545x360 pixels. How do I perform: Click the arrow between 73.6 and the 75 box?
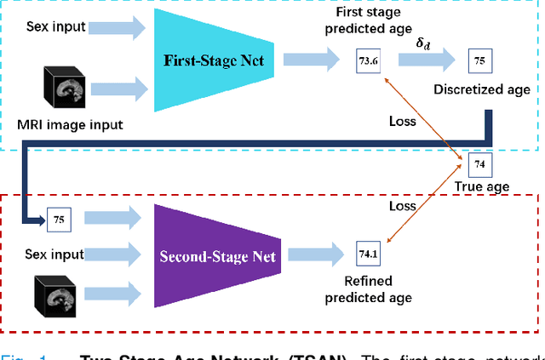point(423,60)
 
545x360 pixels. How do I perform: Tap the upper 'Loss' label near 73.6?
point(402,121)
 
